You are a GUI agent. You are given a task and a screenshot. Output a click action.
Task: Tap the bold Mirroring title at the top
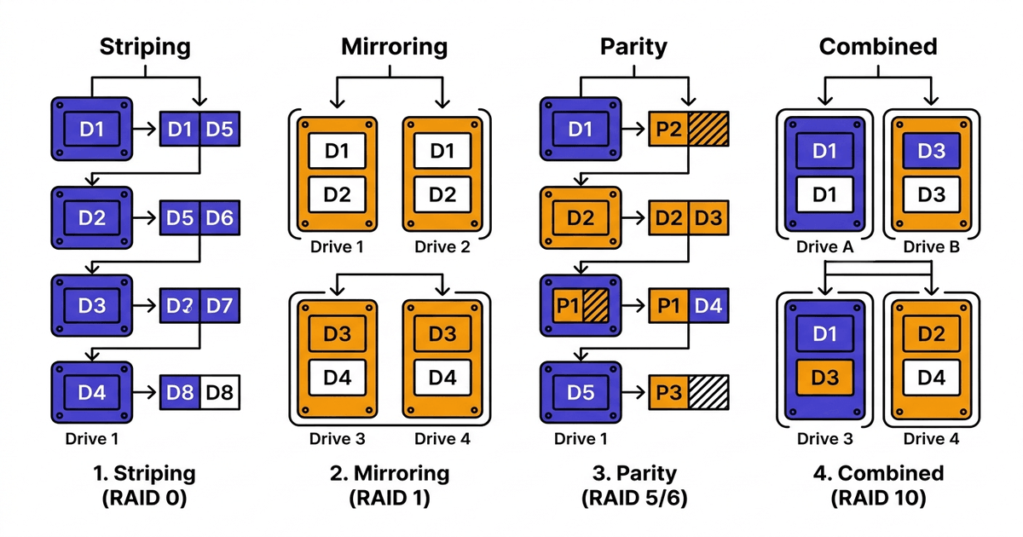pos(394,47)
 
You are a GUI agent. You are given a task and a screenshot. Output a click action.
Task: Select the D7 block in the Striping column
pos(219,304)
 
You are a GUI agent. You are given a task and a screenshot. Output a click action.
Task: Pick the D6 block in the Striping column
pos(219,217)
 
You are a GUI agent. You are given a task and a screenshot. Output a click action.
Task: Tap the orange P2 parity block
pos(668,130)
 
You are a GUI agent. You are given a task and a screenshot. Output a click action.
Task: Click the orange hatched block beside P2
pos(708,130)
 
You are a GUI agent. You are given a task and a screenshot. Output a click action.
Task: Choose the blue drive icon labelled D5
pos(580,393)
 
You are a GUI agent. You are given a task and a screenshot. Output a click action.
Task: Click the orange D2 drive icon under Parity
pos(580,218)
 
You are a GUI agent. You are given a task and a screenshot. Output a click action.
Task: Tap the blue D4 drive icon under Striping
pos(92,393)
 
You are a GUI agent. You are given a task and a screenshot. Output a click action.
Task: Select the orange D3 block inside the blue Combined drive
pos(824,377)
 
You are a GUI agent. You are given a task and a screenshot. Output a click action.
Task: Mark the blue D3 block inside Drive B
pos(932,153)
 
